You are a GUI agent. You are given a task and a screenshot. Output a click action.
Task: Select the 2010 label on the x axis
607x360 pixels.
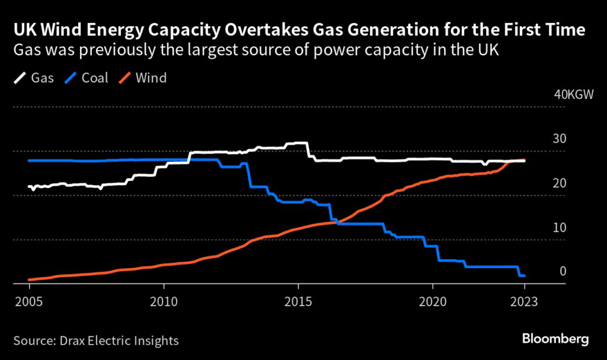point(163,301)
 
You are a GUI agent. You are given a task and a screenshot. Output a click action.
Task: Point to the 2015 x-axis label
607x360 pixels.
point(298,301)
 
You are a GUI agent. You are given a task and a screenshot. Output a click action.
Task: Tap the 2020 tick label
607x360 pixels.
point(432,301)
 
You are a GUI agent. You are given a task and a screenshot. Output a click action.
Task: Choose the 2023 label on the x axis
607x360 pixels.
point(524,301)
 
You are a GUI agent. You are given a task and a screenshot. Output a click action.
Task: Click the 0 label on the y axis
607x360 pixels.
point(563,272)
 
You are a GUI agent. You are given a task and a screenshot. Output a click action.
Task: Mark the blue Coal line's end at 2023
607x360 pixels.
point(524,275)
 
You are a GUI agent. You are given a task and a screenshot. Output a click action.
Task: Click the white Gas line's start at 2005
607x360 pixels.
point(29,186)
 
